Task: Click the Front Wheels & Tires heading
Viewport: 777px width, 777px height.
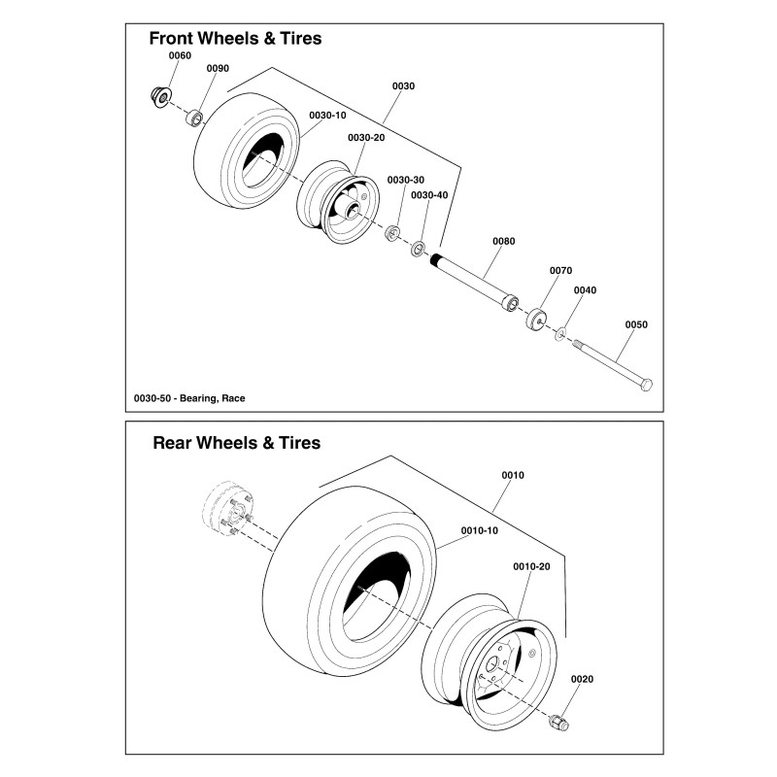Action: [x=234, y=39]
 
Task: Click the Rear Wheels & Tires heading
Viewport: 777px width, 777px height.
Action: [x=236, y=443]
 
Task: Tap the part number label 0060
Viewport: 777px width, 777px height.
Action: [x=181, y=56]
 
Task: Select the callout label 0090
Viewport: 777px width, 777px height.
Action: [x=218, y=68]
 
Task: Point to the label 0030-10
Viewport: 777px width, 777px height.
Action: [x=327, y=115]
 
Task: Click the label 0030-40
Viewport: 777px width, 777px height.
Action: [x=429, y=195]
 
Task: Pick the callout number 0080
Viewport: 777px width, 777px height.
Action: [x=504, y=241]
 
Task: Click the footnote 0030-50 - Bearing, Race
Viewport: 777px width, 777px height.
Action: [x=189, y=398]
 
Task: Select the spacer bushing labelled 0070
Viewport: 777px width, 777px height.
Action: [x=536, y=320]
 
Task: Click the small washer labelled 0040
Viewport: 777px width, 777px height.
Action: [x=560, y=334]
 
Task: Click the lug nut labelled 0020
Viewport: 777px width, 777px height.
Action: [x=560, y=723]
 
